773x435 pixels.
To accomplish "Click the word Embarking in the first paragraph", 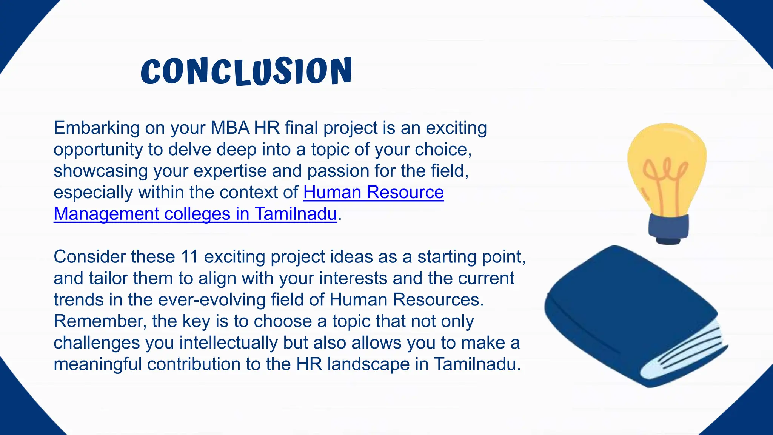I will click(x=97, y=128).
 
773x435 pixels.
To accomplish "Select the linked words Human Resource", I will click(x=373, y=192).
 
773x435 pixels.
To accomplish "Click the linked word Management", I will click(x=106, y=214).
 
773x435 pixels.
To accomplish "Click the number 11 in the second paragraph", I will click(x=189, y=257).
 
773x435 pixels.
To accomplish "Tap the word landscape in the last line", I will click(x=368, y=364).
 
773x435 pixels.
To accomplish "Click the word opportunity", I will click(x=98, y=150).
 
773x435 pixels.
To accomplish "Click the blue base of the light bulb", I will click(x=668, y=227).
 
